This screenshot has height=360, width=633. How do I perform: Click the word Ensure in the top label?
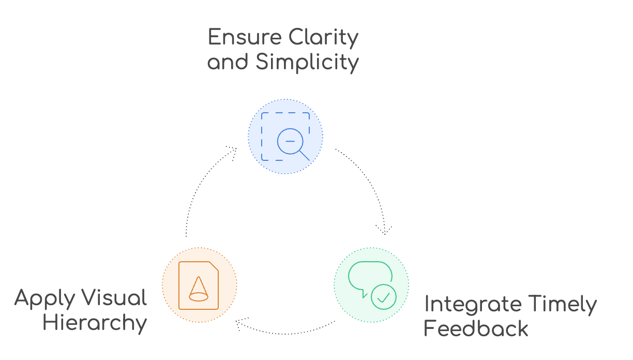(x=245, y=37)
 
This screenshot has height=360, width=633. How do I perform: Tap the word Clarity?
(x=324, y=38)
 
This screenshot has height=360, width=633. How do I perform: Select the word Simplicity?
(x=307, y=63)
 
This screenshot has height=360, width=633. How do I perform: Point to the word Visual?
(x=114, y=297)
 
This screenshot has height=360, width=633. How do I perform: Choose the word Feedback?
(x=476, y=328)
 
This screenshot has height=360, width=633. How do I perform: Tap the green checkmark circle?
(x=384, y=297)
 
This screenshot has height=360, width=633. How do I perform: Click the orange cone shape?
(x=199, y=289)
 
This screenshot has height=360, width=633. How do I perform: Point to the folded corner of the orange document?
(x=214, y=266)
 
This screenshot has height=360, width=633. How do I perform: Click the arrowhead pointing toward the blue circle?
(x=233, y=152)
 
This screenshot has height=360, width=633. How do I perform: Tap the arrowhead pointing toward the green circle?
(x=384, y=230)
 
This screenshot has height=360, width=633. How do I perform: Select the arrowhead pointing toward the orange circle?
(x=240, y=323)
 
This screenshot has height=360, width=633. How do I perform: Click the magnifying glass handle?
(x=305, y=155)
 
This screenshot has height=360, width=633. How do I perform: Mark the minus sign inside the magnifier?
(x=290, y=141)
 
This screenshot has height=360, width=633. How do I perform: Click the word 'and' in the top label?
(x=228, y=63)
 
